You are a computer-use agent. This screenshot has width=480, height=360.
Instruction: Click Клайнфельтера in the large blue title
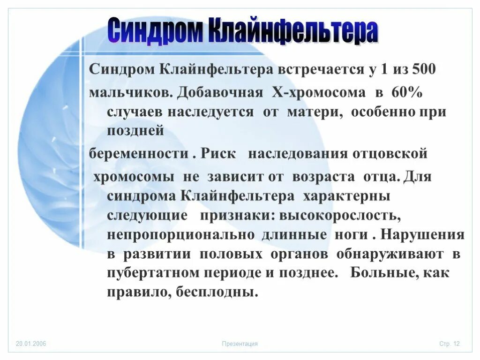(x=292, y=31)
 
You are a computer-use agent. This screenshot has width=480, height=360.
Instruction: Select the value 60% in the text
(x=411, y=92)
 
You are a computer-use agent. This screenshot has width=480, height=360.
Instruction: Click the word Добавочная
(x=220, y=92)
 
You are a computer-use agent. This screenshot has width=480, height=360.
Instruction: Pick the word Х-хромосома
(x=319, y=92)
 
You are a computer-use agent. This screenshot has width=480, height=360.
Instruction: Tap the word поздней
(x=135, y=131)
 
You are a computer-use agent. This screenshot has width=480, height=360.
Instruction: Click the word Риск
(x=218, y=154)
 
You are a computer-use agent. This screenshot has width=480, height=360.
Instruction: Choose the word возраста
(x=325, y=177)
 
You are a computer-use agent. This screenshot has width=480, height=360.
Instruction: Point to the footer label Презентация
(x=240, y=344)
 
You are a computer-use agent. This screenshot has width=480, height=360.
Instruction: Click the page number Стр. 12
(x=449, y=344)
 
